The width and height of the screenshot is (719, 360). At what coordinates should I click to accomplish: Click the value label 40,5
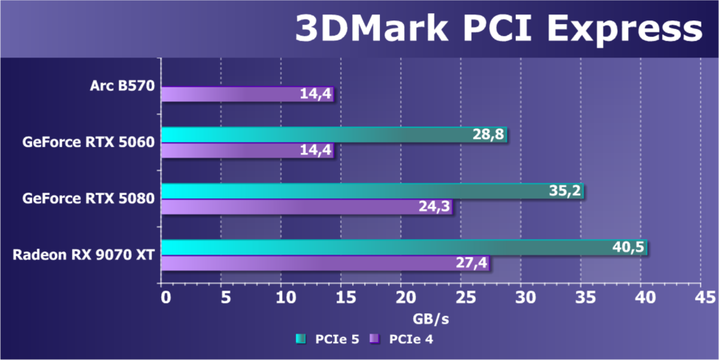tap(627, 247)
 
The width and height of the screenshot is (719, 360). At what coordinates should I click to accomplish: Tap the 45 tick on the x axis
tap(699, 297)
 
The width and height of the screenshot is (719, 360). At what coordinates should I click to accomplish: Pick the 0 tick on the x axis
tap(165, 297)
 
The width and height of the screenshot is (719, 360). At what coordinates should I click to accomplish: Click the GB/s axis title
tap(431, 319)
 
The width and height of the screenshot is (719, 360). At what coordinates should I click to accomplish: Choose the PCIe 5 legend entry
tap(328, 339)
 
